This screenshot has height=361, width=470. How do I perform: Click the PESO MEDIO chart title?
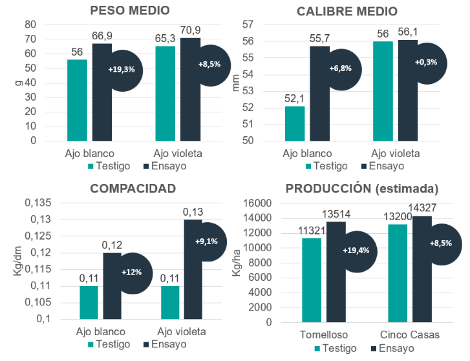[130, 11]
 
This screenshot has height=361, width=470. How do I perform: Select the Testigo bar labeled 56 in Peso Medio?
[77, 100]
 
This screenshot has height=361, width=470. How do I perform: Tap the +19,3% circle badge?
[122, 69]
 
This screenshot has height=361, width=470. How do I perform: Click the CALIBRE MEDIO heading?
[347, 11]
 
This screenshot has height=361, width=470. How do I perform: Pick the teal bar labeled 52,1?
[295, 123]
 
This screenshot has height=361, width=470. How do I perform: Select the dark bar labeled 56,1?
[408, 90]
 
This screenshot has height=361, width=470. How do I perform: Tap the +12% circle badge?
[131, 273]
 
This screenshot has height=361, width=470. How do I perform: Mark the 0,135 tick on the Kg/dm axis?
[37, 203]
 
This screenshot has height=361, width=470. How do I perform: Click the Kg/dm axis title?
[17, 262]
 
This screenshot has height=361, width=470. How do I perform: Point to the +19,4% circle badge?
[356, 251]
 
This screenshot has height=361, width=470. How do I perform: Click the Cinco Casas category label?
[409, 335]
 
